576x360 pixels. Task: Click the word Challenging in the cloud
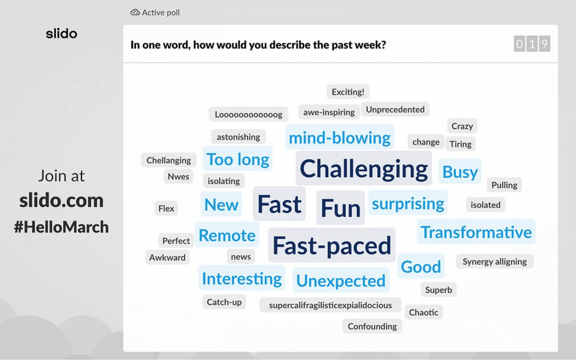[363, 168]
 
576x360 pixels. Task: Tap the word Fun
[340, 208]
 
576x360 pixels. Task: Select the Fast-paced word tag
[332, 245]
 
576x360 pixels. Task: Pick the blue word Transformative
[476, 232]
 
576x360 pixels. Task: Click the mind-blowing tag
[339, 138]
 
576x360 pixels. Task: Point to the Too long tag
[238, 159]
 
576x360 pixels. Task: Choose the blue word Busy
[460, 171]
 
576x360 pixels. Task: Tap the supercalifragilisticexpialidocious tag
[330, 305]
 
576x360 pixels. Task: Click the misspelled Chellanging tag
[168, 160]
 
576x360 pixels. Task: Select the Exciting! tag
[348, 92]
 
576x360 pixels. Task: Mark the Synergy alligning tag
[494, 262]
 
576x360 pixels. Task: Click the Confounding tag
[372, 326]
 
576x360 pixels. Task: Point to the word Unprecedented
[395, 109]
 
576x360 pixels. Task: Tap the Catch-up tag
[224, 302]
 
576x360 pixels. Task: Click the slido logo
[61, 34]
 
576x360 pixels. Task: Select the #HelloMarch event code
[61, 227]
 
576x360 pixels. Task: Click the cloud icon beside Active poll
[135, 12]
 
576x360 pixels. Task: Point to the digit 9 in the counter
[544, 45]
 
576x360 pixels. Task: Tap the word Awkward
[167, 257]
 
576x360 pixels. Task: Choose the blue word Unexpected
[341, 281]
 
